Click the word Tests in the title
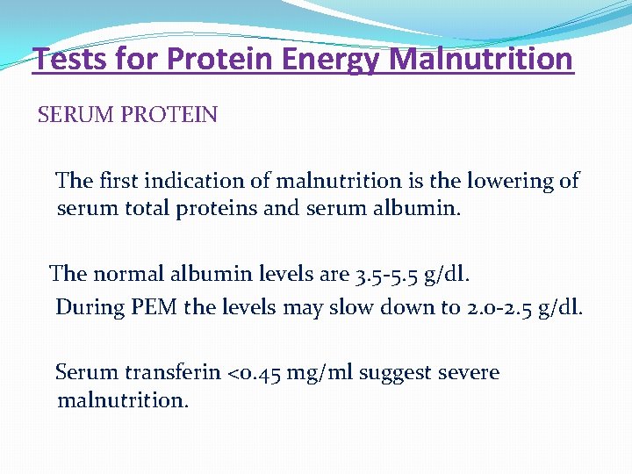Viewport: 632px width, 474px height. coord(68,60)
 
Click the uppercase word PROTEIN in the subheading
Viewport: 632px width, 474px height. coord(173,115)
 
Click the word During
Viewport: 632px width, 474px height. coord(85,307)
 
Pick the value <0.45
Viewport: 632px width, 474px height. coord(255,372)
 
